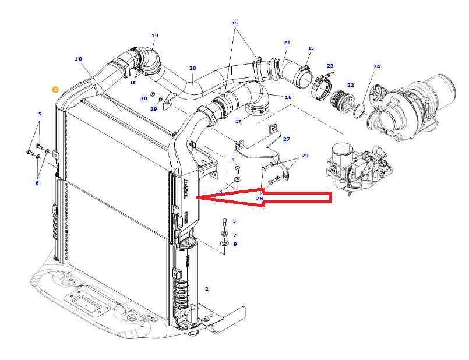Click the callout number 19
click(x=154, y=36)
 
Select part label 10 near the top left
click(x=78, y=59)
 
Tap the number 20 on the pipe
click(x=192, y=68)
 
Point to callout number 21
click(x=287, y=43)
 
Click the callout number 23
click(x=330, y=66)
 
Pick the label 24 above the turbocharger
click(x=376, y=66)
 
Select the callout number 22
click(x=350, y=85)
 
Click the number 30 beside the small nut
click(x=143, y=98)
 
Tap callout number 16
click(x=288, y=97)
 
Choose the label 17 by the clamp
click(x=238, y=122)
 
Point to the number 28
click(x=259, y=199)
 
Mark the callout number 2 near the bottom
click(x=206, y=289)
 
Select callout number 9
click(x=235, y=243)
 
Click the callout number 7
click(x=235, y=235)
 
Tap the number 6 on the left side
click(x=37, y=183)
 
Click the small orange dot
click(x=55, y=89)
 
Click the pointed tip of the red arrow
click(x=198, y=198)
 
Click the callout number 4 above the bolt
click(x=234, y=159)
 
